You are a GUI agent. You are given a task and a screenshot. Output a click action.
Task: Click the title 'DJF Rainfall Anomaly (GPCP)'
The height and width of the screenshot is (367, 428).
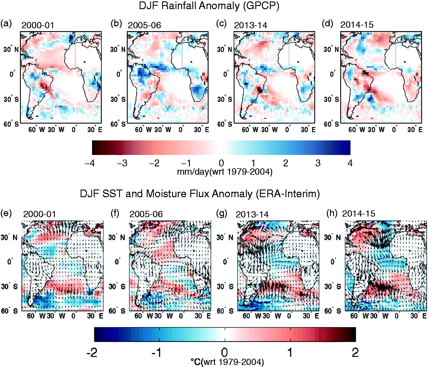(x=209, y=6)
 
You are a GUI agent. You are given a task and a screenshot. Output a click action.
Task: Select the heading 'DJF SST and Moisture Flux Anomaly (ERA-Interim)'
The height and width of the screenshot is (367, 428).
(x=200, y=194)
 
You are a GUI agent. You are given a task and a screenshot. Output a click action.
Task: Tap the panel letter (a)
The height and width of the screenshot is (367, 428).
(x=6, y=24)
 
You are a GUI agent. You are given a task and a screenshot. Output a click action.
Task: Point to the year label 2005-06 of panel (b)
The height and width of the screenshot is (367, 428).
(x=144, y=25)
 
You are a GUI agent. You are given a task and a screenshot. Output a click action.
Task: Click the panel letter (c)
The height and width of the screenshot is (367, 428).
(x=221, y=24)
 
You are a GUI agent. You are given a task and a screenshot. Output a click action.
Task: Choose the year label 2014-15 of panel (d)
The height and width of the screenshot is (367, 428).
(x=357, y=25)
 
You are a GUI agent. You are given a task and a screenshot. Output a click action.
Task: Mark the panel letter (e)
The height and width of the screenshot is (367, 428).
(x=6, y=213)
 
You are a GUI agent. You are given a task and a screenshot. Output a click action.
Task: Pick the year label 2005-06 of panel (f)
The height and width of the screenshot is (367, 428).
(x=146, y=214)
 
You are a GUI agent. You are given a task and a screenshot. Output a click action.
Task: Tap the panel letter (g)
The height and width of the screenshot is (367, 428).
(x=222, y=213)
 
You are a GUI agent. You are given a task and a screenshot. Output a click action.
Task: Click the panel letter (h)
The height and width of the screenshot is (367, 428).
(x=332, y=213)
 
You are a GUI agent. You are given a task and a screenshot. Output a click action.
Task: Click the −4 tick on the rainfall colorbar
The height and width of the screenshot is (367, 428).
(x=90, y=164)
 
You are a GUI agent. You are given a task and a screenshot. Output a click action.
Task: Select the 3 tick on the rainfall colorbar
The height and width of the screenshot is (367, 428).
(x=318, y=164)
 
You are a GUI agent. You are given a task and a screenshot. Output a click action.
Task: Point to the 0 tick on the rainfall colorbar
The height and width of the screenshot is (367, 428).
(x=221, y=164)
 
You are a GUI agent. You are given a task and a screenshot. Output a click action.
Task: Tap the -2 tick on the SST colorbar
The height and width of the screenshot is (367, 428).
(x=92, y=352)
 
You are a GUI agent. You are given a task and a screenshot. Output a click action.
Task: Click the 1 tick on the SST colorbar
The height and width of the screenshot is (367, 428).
(x=290, y=352)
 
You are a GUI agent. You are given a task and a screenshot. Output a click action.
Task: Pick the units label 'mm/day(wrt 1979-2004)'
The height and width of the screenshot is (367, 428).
(x=225, y=172)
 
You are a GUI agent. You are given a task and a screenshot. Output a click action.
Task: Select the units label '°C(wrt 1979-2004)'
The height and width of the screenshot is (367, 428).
(x=227, y=362)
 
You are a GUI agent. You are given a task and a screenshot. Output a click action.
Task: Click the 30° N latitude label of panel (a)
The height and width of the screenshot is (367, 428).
(x=11, y=49)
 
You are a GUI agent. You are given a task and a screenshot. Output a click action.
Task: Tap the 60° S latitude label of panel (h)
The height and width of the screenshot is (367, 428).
(x=333, y=311)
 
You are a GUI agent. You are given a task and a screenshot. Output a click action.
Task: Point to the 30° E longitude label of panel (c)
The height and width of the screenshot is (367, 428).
(x=308, y=130)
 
